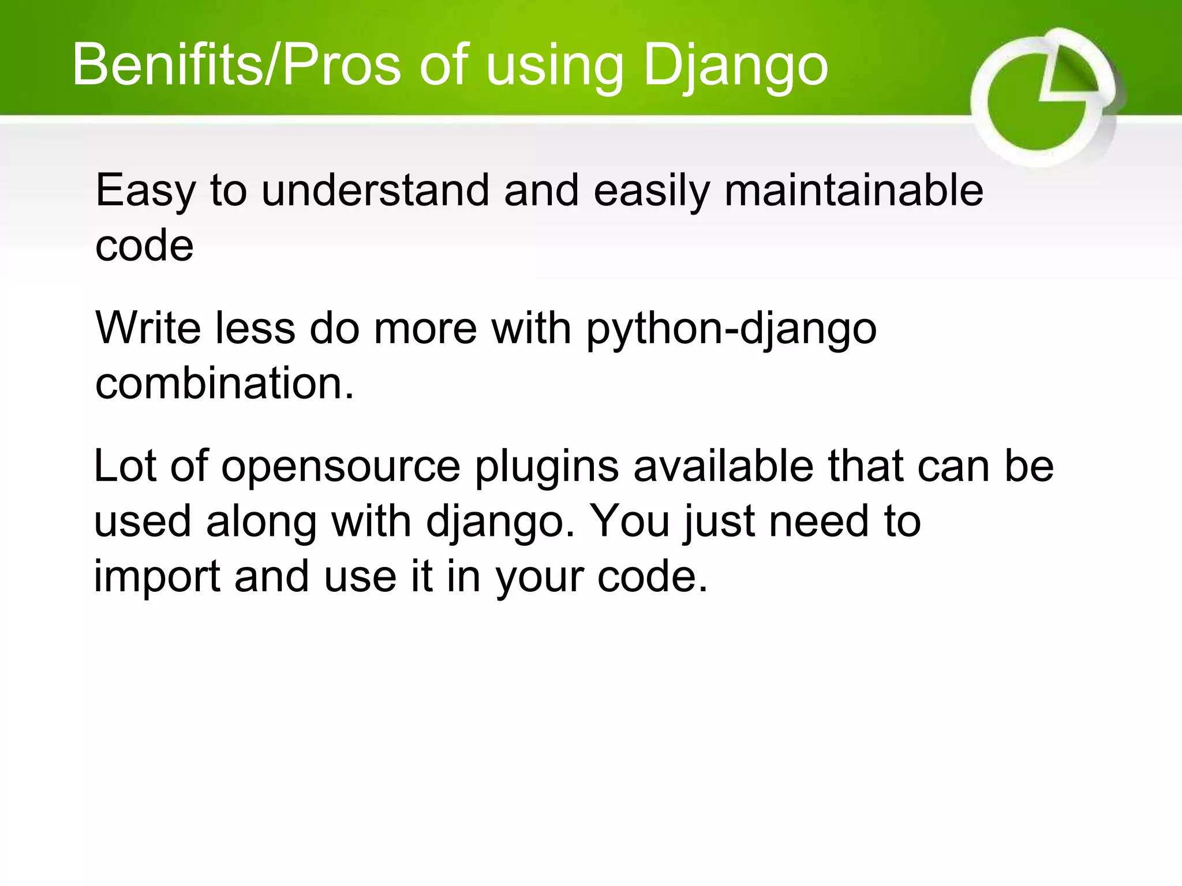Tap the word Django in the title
735,65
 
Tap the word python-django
731,329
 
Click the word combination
224,383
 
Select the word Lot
125,465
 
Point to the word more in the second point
425,329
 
